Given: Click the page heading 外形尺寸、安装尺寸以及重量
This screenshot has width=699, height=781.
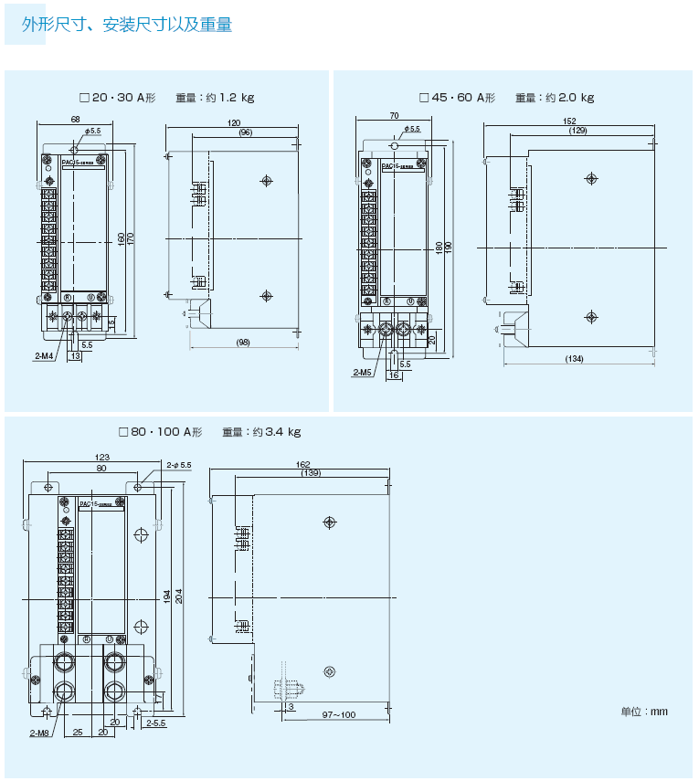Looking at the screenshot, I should point(127,25).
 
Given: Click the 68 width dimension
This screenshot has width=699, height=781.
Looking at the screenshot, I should point(75,120).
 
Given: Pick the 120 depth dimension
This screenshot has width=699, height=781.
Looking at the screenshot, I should point(234,122).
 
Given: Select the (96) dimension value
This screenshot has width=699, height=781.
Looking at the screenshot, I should point(245,132).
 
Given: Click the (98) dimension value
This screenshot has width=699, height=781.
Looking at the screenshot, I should point(243,343).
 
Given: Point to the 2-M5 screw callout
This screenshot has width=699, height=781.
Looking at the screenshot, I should point(363,372).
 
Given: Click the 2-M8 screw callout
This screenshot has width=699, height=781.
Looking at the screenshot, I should point(38,733).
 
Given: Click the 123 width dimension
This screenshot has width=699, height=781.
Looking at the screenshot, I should point(102,457).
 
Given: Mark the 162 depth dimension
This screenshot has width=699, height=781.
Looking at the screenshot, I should point(302,464).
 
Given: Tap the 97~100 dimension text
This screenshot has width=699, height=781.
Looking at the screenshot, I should point(339,714).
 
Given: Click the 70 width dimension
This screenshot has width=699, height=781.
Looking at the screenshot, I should point(394,116).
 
